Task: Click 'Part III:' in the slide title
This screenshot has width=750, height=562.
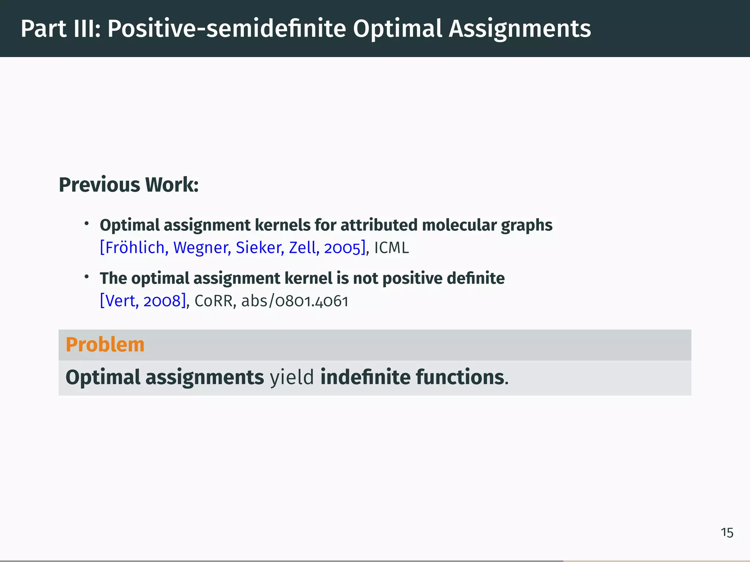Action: coord(60,29)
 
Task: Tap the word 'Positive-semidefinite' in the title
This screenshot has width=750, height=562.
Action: coord(226,29)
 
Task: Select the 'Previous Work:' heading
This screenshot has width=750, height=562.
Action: coord(129,185)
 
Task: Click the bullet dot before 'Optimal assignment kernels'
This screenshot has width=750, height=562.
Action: coord(87,224)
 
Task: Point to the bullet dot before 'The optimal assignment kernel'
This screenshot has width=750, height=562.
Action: coord(87,277)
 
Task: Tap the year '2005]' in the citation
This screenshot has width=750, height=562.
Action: coord(345,248)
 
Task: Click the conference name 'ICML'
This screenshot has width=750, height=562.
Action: coord(391,248)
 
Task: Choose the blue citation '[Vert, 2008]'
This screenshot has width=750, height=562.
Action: coord(143,301)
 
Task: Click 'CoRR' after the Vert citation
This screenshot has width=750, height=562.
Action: coord(214,301)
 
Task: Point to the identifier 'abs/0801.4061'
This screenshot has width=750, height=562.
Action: coord(295,301)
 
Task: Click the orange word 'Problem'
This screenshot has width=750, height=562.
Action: coord(105,345)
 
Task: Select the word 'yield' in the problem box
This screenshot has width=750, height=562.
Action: coord(292,377)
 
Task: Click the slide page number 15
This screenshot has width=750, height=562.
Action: coord(727,533)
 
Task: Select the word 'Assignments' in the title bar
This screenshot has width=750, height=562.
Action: coord(520,29)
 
